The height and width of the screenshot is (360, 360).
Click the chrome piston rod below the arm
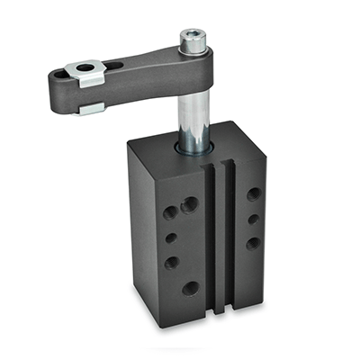193,112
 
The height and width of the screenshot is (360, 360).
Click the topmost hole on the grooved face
255,193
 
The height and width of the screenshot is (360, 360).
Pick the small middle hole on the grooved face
254,219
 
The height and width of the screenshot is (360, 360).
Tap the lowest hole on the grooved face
253,242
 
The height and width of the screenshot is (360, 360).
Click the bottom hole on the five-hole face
191,288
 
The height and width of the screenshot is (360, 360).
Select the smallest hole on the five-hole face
170,238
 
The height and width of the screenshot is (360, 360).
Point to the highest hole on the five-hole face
190,206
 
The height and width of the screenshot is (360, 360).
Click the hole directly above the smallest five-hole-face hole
170,213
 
